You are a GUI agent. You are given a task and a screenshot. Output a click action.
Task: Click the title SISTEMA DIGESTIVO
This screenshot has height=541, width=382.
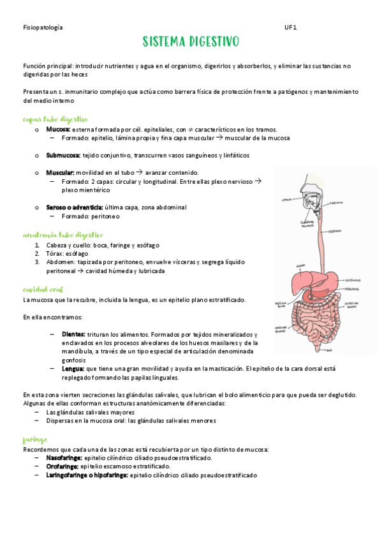coord(191,42)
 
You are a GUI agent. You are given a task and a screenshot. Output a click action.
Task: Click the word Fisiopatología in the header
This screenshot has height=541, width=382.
coord(42,27)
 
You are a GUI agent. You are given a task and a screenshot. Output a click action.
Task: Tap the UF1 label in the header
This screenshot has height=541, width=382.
coord(290,27)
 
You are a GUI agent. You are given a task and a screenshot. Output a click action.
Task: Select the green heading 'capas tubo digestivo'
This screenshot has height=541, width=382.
coord(55,119)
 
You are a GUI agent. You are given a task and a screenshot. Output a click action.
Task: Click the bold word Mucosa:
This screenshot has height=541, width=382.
coord(58,129)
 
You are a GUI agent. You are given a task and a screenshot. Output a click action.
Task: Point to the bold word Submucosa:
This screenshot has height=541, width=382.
coord(63,155)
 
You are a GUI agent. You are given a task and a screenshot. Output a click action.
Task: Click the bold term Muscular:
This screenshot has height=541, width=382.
coord(60,173)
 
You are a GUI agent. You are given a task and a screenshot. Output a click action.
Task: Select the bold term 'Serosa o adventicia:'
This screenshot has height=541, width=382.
coord(74,207)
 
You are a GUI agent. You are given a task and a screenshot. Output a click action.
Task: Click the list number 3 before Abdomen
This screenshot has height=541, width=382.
coord(38,262)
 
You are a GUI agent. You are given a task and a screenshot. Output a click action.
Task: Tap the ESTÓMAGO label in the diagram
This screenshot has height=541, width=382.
coord(353,279)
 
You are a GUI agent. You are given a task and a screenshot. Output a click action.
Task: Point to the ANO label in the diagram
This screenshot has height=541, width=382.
coord(329,350)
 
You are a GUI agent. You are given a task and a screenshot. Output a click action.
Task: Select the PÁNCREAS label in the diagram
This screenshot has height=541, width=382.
coord(353,289)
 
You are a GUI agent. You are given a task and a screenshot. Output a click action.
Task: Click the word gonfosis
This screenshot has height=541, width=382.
coord(74,360)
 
